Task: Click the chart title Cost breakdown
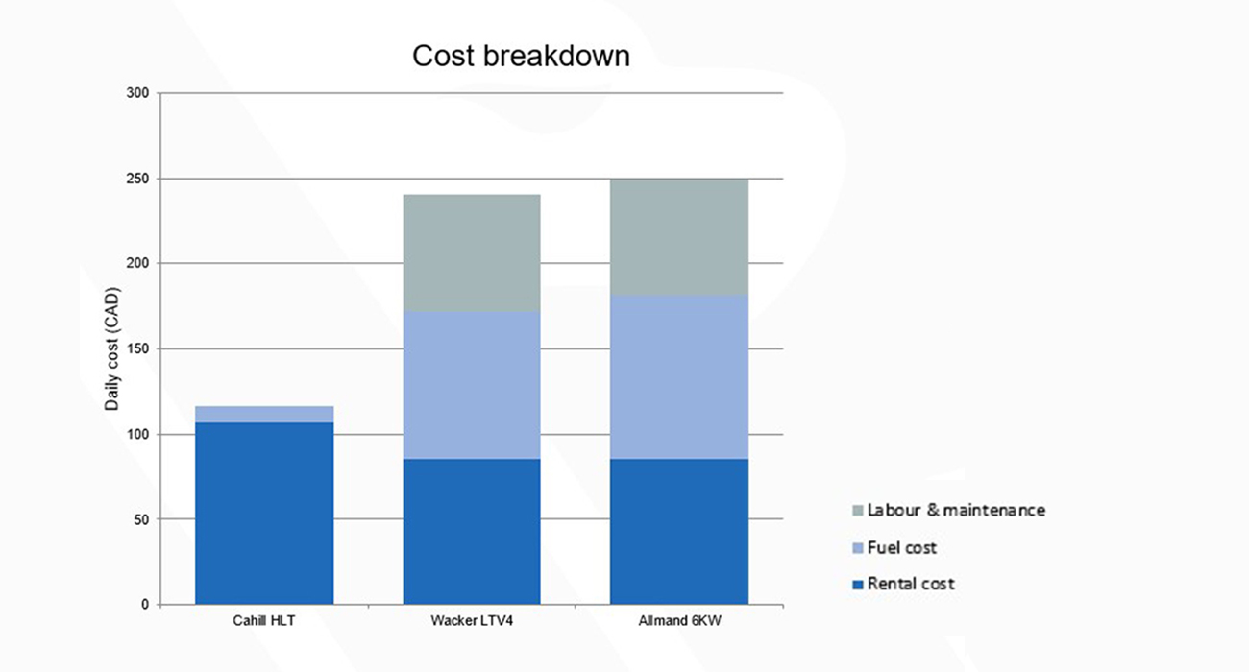(x=521, y=56)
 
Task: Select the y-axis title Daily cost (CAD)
(x=112, y=348)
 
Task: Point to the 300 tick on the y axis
(x=138, y=93)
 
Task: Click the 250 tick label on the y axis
(x=138, y=179)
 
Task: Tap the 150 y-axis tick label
(x=138, y=349)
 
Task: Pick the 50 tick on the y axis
(x=141, y=519)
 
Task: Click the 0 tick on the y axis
(x=145, y=605)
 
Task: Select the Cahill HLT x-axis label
(x=264, y=622)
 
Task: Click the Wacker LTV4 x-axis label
(x=472, y=622)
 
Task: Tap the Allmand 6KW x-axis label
(x=679, y=622)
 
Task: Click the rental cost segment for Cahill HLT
(x=264, y=514)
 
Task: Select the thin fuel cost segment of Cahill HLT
(x=264, y=414)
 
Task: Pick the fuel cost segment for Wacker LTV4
(x=472, y=385)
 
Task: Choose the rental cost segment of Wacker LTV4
(x=472, y=532)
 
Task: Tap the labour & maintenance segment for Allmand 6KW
(x=679, y=236)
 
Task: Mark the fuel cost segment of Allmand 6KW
(x=679, y=376)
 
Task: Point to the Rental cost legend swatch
(x=857, y=584)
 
